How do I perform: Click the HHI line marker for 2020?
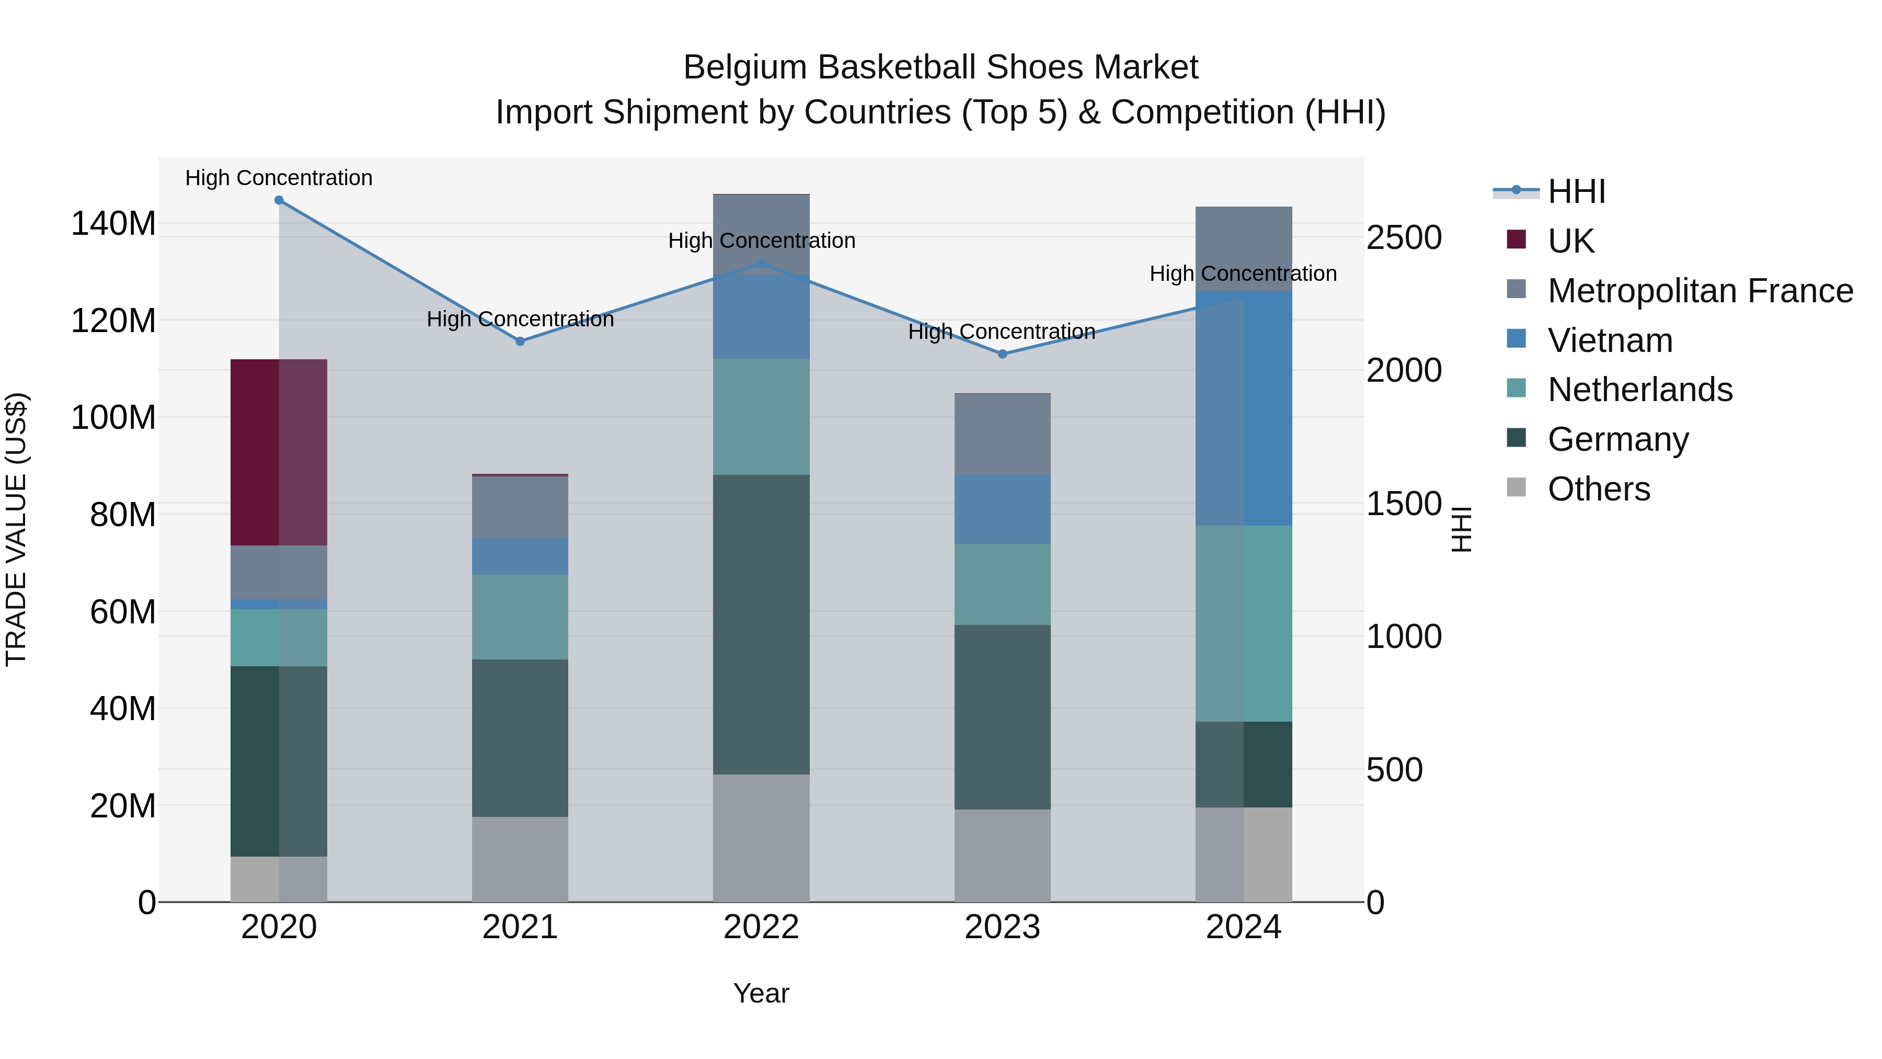(x=279, y=200)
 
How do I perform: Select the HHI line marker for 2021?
(x=520, y=341)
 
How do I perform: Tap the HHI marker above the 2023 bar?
(x=1002, y=354)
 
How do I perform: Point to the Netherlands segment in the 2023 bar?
(x=1002, y=584)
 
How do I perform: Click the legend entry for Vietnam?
(x=1610, y=340)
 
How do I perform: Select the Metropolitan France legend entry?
(x=1700, y=291)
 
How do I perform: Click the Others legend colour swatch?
(x=1517, y=487)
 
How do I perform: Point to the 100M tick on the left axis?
(x=113, y=418)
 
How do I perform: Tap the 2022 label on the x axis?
(x=761, y=927)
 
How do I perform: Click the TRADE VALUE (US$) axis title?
(x=16, y=529)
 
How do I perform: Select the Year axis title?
(x=761, y=993)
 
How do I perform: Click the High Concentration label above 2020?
(x=279, y=178)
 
